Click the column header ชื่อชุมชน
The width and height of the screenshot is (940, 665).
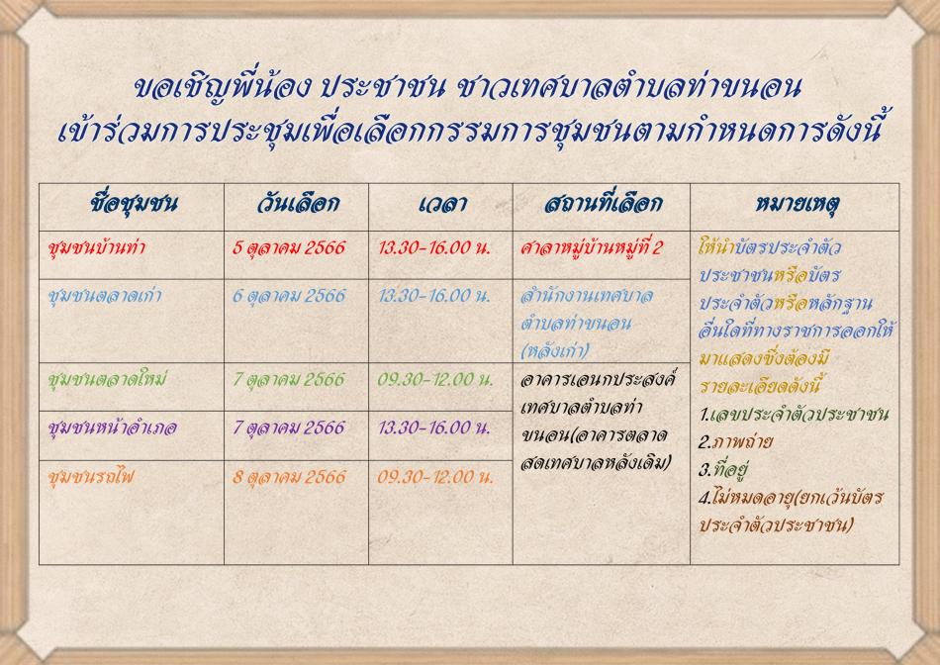point(134,203)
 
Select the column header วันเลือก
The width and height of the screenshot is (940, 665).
point(298,203)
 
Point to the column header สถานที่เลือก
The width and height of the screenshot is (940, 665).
point(603,203)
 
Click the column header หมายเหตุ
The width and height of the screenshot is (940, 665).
point(797,204)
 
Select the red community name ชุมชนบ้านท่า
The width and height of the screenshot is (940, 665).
point(97,246)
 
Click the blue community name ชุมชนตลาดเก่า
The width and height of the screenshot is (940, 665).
point(105,295)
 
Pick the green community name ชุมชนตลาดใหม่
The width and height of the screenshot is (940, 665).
point(107,379)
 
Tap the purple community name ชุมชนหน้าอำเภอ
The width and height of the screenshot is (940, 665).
point(112,427)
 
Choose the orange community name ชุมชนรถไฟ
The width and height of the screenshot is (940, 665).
point(91,477)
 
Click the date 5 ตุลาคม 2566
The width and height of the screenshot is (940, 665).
point(289,247)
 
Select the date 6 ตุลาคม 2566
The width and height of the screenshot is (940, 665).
point(289,296)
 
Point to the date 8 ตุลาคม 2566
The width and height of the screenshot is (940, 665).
point(289,477)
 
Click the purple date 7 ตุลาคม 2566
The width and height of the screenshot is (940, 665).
point(289,427)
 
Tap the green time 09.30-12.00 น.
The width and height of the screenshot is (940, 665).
point(435,380)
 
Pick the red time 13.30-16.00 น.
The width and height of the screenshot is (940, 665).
point(434,247)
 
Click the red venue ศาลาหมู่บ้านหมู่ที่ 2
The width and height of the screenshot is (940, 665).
point(591,247)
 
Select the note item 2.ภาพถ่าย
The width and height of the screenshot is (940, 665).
point(735,442)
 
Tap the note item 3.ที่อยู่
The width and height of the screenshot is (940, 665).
point(724,469)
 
